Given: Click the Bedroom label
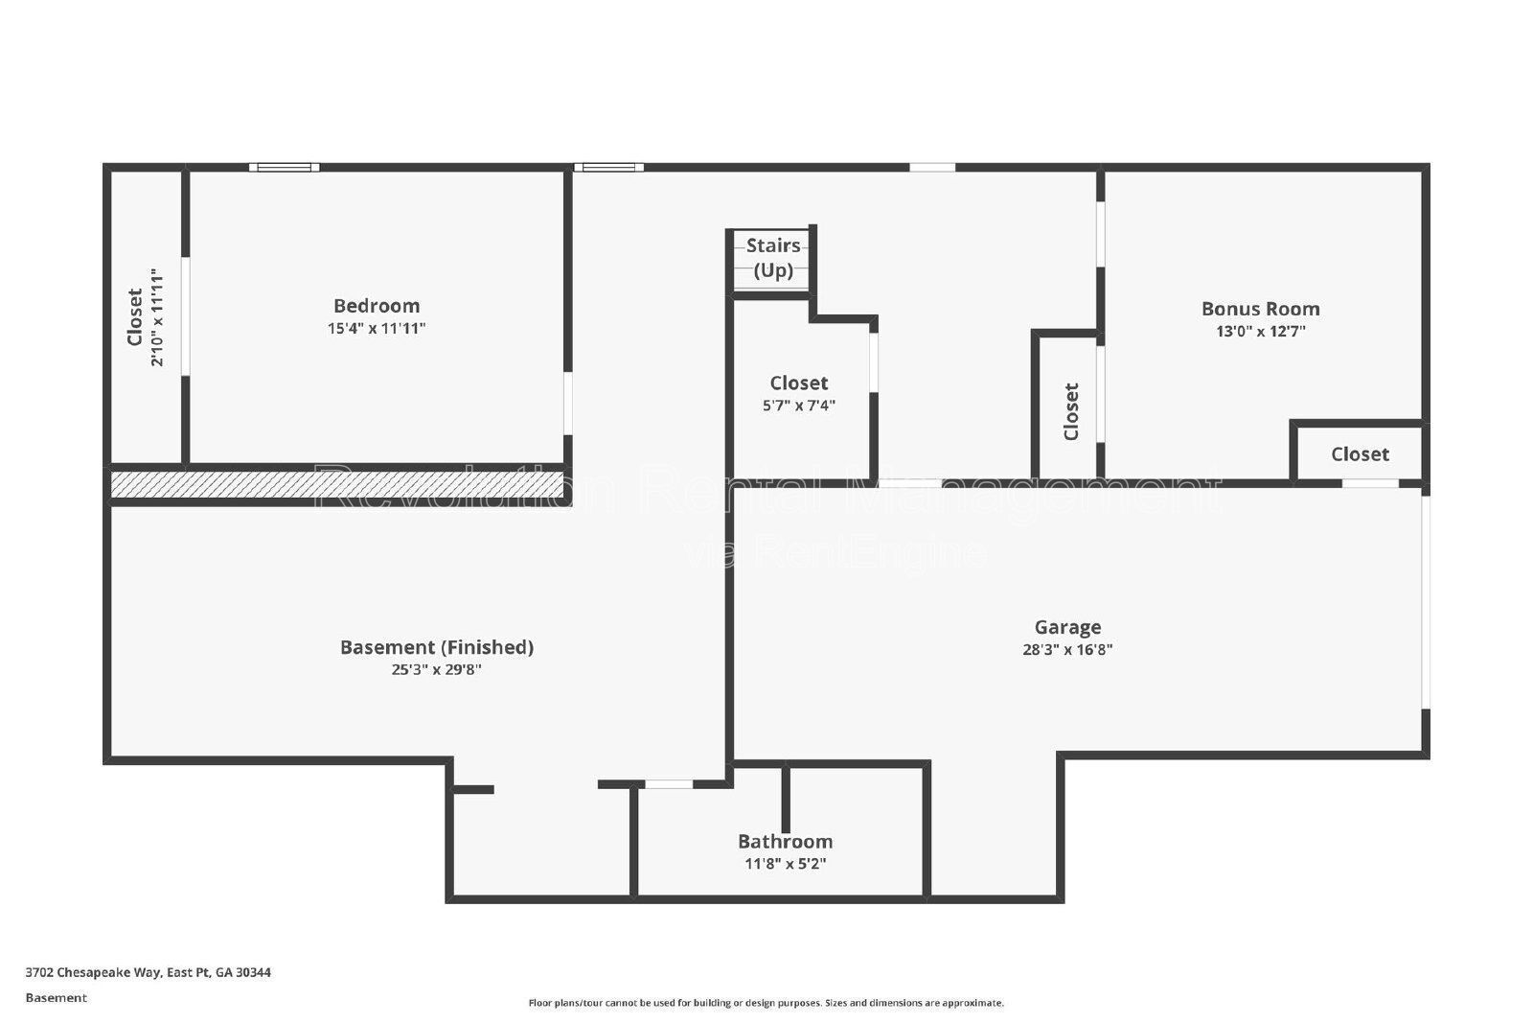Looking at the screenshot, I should pyautogui.click(x=376, y=306).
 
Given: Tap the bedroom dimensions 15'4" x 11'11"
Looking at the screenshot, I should pyautogui.click(x=376, y=329).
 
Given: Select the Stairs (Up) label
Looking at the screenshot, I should pyautogui.click(x=772, y=257).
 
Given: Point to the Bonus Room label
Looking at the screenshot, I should pyautogui.click(x=1260, y=309).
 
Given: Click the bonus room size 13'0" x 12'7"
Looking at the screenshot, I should pyautogui.click(x=1260, y=332).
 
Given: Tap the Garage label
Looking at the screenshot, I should pyautogui.click(x=1067, y=627).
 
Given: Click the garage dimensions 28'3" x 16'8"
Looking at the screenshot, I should pyautogui.click(x=1067, y=650).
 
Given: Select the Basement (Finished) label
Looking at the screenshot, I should pyautogui.click(x=436, y=647).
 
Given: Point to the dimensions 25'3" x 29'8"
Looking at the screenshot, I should pyautogui.click(x=436, y=670).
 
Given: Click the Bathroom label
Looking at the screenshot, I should pyautogui.click(x=785, y=841).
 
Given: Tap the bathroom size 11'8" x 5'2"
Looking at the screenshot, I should pyautogui.click(x=785, y=864).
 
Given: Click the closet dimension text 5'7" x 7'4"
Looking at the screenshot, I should pyautogui.click(x=798, y=406).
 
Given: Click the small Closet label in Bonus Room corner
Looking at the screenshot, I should pyautogui.click(x=1359, y=454).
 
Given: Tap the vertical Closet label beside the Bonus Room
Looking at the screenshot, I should pyautogui.click(x=1071, y=411).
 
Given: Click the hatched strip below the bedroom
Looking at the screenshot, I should pyautogui.click(x=335, y=484).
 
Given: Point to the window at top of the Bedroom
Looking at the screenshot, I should pyautogui.click(x=285, y=168).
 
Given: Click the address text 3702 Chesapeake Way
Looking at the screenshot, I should pyautogui.click(x=148, y=972).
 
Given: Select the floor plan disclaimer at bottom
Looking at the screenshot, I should pyautogui.click(x=766, y=1003).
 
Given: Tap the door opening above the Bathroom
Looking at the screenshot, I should pyautogui.click(x=668, y=784).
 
